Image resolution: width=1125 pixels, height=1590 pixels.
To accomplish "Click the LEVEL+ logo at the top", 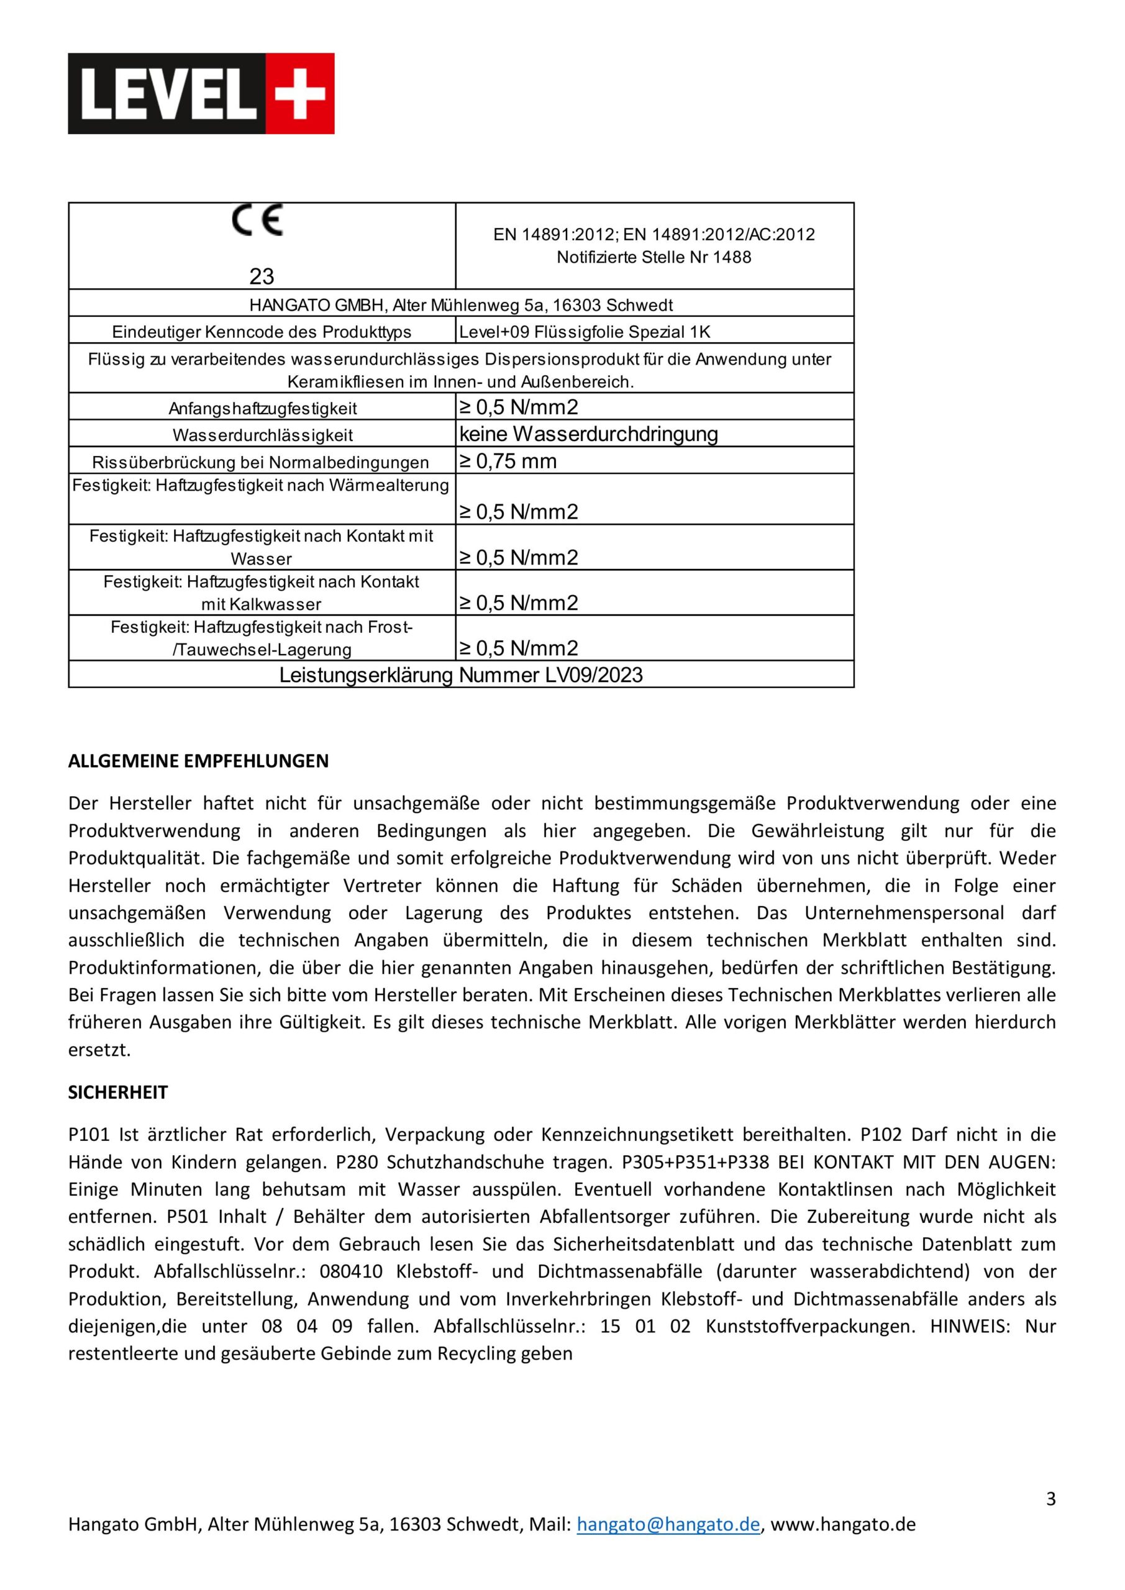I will coord(201,94).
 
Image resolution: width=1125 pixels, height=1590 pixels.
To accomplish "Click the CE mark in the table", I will coord(257,221).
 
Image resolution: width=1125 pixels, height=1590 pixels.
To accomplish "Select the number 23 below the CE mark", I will coord(262,276).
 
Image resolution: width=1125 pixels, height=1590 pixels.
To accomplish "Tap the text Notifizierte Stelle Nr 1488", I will coord(654,257).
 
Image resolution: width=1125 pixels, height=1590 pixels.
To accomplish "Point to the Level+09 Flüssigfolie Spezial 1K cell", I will coord(585,332).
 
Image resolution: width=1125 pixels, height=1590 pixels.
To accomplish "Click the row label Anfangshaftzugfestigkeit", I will coord(263,409).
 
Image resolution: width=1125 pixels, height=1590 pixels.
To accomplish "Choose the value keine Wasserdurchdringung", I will coord(588,434).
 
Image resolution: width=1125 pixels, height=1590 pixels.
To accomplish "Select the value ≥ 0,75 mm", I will coord(508,461).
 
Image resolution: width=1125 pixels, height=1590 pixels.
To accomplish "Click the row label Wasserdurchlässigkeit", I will coord(263,435).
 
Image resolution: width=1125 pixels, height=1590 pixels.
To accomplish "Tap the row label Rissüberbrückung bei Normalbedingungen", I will coord(260,463).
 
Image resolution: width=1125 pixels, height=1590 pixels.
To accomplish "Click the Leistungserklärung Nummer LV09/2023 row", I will coord(461,675).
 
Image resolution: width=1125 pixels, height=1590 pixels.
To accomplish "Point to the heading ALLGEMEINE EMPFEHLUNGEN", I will coord(198,761).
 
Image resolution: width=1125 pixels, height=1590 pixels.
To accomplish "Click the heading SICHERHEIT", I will coord(118,1092).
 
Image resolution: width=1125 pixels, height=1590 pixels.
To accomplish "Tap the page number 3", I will coord(1051,1499).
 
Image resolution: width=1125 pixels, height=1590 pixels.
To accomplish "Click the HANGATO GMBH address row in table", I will coord(461,305).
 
